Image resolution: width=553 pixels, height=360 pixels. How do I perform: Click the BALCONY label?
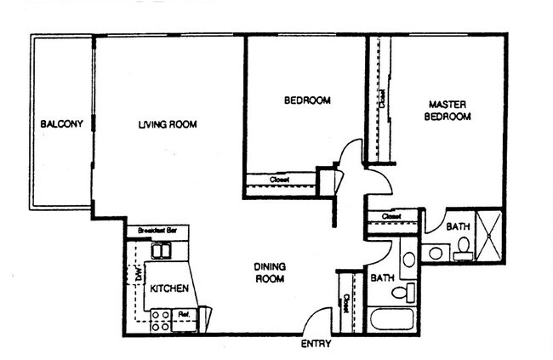point(61,125)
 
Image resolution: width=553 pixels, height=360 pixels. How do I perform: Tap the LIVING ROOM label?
point(168,125)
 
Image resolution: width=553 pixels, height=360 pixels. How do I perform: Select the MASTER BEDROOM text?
point(448,111)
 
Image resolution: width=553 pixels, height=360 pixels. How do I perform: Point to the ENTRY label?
point(316,345)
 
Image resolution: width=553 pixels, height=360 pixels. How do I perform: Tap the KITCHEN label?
point(168,289)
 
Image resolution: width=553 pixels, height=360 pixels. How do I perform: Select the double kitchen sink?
point(160,250)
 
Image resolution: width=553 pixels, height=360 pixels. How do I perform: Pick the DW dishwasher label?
point(138,275)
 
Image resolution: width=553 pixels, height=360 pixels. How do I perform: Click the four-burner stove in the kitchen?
point(159,321)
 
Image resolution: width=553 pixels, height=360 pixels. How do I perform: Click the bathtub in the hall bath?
point(393,321)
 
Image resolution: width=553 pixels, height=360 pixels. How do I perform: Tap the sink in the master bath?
point(435,252)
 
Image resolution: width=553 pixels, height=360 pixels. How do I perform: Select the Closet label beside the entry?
point(345,303)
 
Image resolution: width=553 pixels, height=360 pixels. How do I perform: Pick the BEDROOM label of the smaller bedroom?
point(306,101)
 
